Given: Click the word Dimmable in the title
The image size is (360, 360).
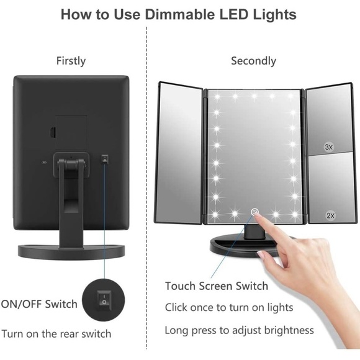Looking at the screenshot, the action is [x=180, y=14].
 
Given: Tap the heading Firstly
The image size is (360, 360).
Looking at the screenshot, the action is [x=71, y=61].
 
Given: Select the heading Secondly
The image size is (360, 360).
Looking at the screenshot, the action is [x=253, y=61].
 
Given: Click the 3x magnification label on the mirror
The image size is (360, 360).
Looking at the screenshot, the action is [x=329, y=147].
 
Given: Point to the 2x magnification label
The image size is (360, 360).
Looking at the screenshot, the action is [x=331, y=215].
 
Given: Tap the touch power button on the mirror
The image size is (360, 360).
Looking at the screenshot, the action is [x=254, y=212].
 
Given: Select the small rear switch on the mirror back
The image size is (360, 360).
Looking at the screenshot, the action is [x=105, y=158].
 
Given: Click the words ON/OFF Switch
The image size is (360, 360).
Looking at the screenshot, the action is [x=39, y=304].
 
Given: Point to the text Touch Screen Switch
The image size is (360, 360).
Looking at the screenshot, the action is [x=217, y=286].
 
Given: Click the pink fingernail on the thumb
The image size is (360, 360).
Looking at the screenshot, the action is [x=261, y=254].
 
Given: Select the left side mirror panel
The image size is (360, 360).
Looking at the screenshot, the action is [x=179, y=153].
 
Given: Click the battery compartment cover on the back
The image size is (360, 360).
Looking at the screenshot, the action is [x=71, y=133].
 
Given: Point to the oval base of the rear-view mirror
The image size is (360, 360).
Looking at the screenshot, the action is [x=71, y=252].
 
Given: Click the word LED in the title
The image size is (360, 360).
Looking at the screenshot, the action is [x=234, y=14].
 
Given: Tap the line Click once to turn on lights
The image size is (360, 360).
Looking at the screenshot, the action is [x=229, y=307].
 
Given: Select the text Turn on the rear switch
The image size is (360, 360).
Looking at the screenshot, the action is [x=56, y=334].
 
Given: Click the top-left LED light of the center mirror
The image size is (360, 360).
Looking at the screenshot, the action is [x=217, y=97].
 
